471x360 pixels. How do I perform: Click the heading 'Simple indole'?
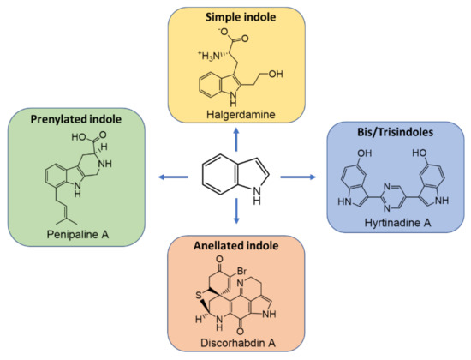click(x=235, y=18)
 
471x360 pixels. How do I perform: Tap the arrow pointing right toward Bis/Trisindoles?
click(x=299, y=177)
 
